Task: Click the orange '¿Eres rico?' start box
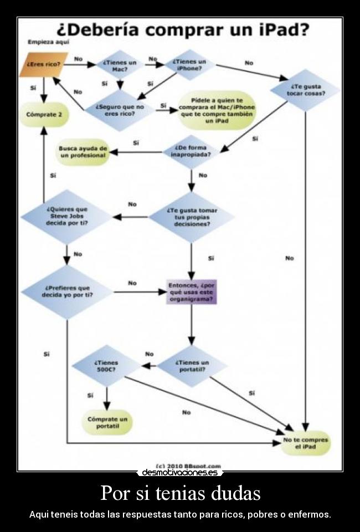(x=44, y=64)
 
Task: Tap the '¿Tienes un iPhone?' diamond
(x=189, y=64)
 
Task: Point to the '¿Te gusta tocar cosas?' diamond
(x=305, y=90)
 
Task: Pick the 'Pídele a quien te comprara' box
(x=217, y=110)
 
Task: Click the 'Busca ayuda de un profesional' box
(x=83, y=152)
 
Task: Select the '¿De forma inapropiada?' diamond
(x=191, y=151)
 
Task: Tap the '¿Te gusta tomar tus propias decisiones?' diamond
(x=192, y=217)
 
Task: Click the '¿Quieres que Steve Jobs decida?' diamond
(x=67, y=216)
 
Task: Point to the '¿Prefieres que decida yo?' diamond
(x=67, y=291)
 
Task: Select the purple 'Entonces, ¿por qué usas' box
(x=192, y=291)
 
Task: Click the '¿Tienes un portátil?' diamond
(x=192, y=366)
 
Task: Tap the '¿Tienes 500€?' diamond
(x=107, y=366)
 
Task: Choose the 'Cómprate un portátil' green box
(x=107, y=422)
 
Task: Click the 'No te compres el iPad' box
(x=306, y=443)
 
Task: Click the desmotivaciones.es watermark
(x=180, y=473)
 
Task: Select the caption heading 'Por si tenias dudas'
(x=180, y=492)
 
